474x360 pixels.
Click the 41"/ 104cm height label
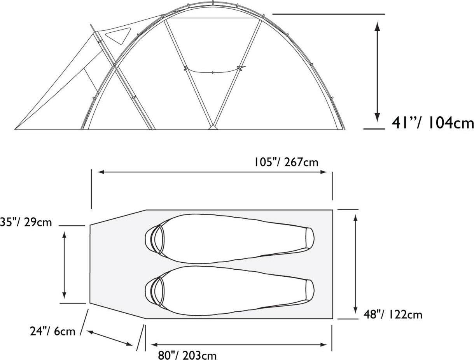point(433,123)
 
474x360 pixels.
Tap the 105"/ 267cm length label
point(286,162)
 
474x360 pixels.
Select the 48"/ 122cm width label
point(393,314)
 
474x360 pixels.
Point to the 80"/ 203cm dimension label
point(187,355)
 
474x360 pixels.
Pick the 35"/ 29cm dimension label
point(26,222)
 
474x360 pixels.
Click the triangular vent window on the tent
point(117,36)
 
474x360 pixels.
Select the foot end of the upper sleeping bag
point(309,238)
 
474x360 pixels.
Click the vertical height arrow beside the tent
point(377,72)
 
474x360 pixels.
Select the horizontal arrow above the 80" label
point(238,344)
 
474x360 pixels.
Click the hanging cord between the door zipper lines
point(213,72)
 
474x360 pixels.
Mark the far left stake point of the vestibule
point(16,129)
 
